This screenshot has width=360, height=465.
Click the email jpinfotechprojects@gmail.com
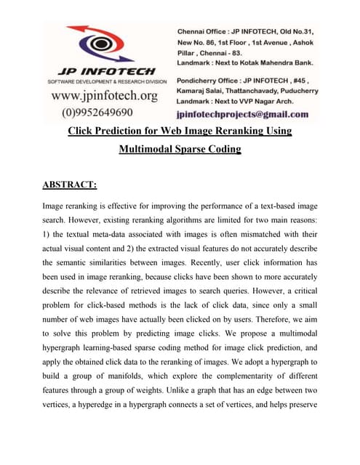click(x=242, y=114)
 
